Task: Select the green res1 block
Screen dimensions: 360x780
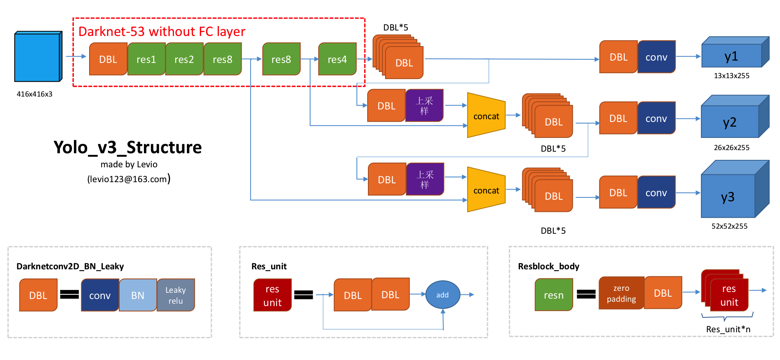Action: (146, 59)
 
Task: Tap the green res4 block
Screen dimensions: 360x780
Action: (337, 59)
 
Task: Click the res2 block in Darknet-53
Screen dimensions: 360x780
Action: (184, 59)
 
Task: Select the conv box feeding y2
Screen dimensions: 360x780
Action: (656, 118)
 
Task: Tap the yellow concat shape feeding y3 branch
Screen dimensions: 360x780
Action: (486, 190)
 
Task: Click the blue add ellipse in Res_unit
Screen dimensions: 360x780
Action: (442, 295)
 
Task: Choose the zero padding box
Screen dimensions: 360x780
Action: (621, 293)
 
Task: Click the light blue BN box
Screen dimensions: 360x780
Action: (138, 295)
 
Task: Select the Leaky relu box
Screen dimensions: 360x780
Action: (176, 295)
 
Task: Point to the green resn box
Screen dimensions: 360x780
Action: (554, 295)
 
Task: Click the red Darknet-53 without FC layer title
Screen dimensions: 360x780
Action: (161, 31)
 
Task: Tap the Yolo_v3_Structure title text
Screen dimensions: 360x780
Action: (127, 147)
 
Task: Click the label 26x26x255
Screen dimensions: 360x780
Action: (731, 147)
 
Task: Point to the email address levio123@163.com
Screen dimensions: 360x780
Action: (127, 179)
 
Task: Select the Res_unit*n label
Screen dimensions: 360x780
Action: (728, 329)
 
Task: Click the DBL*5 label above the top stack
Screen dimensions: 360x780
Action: (395, 27)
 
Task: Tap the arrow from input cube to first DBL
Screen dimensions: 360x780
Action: (76, 56)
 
